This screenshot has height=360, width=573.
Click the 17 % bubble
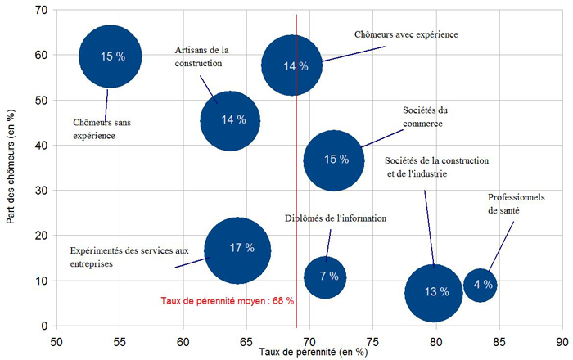(x=237, y=250)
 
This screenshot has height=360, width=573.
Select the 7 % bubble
(x=326, y=277)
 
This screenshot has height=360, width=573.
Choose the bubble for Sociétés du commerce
(x=333, y=160)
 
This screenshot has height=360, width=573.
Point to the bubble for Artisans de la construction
(x=230, y=120)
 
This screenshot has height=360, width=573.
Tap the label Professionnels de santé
(x=516, y=204)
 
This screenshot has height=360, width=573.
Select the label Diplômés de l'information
(x=336, y=218)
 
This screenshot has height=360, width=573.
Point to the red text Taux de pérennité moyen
(x=227, y=301)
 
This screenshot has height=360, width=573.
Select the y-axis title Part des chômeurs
(x=10, y=168)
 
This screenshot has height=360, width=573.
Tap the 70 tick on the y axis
(x=41, y=10)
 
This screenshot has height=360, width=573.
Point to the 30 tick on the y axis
(x=41, y=191)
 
